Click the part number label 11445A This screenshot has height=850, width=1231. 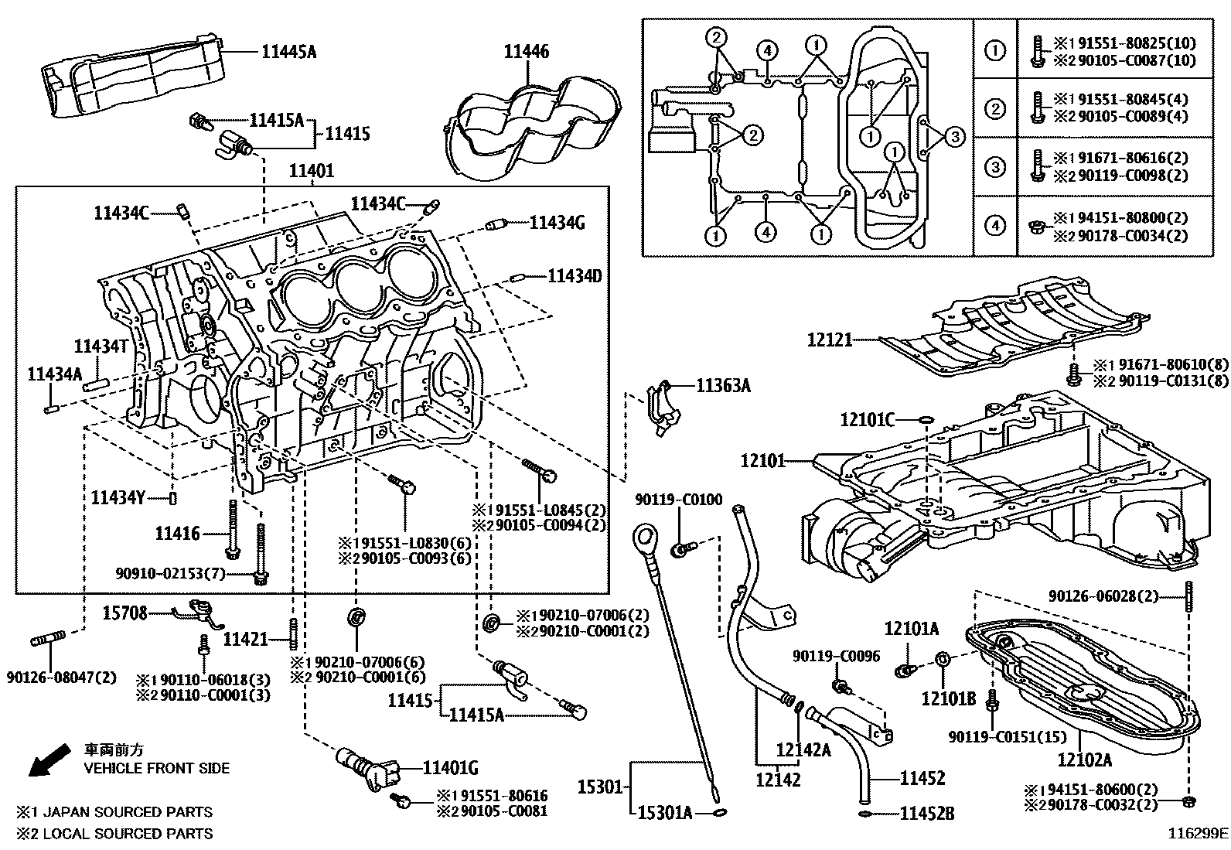coord(288,53)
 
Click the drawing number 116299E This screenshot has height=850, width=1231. coord(1197,834)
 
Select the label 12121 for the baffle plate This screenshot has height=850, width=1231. coord(829,340)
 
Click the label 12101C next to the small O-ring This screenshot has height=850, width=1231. coord(867,420)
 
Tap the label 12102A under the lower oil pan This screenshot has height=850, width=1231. coord(1084,760)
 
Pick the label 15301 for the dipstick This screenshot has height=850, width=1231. coord(599,787)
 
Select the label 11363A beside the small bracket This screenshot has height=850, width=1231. coord(723,384)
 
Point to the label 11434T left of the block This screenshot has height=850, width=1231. coord(101,346)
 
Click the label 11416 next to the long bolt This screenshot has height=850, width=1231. coord(177,534)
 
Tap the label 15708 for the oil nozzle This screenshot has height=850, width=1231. coord(124,613)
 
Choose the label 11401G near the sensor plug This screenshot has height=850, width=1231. coord(450,768)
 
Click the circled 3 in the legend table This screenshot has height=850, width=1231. coord(994,167)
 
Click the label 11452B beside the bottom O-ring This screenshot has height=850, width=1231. coord(926,814)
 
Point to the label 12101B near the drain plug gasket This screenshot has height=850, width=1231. coord(948,699)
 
